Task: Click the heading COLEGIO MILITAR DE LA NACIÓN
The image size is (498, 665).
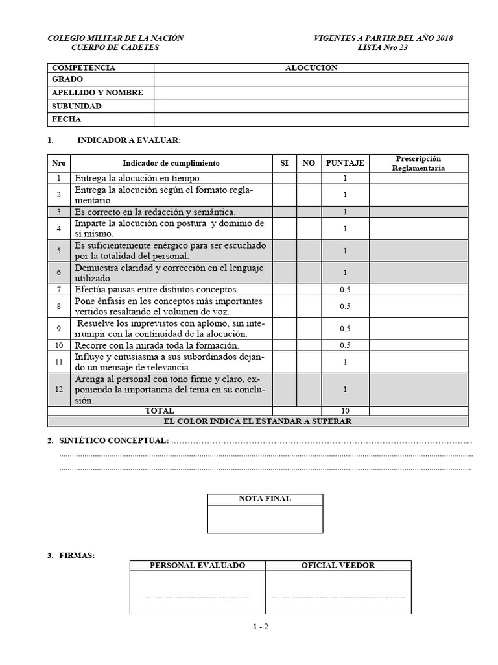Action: pyautogui.click(x=115, y=38)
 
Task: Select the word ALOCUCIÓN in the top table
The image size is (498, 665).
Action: pyautogui.click(x=311, y=68)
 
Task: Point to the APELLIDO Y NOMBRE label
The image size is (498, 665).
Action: pyautogui.click(x=97, y=93)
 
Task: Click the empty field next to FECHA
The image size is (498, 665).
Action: pyautogui.click(x=311, y=119)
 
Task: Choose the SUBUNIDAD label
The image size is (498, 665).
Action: pyautogui.click(x=77, y=106)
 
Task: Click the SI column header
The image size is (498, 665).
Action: pyautogui.click(x=284, y=164)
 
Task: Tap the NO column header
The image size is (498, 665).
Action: pyautogui.click(x=309, y=164)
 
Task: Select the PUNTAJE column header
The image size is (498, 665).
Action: pyautogui.click(x=345, y=164)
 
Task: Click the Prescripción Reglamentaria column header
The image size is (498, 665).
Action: pyautogui.click(x=418, y=164)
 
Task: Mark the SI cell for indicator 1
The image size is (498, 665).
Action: pyautogui.click(x=284, y=179)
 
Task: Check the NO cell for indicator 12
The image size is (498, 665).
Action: pyautogui.click(x=309, y=389)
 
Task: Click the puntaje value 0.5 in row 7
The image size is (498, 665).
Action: pyautogui.click(x=345, y=290)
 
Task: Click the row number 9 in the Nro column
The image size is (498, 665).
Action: pyautogui.click(x=58, y=329)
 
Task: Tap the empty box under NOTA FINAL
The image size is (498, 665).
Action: pyautogui.click(x=265, y=518)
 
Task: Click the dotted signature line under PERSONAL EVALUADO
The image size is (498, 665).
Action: pyautogui.click(x=197, y=596)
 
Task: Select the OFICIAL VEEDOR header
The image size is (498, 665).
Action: pyautogui.click(x=338, y=566)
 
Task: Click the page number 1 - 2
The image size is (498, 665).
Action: pyautogui.click(x=261, y=627)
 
